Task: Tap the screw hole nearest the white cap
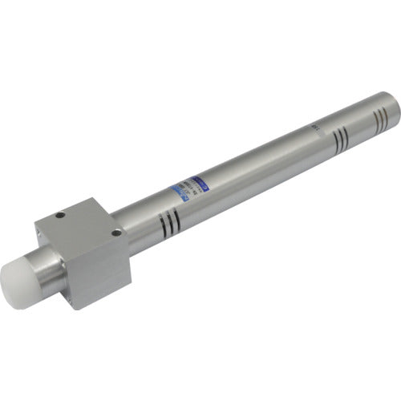(x=61, y=214)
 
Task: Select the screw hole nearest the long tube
(x=117, y=232)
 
